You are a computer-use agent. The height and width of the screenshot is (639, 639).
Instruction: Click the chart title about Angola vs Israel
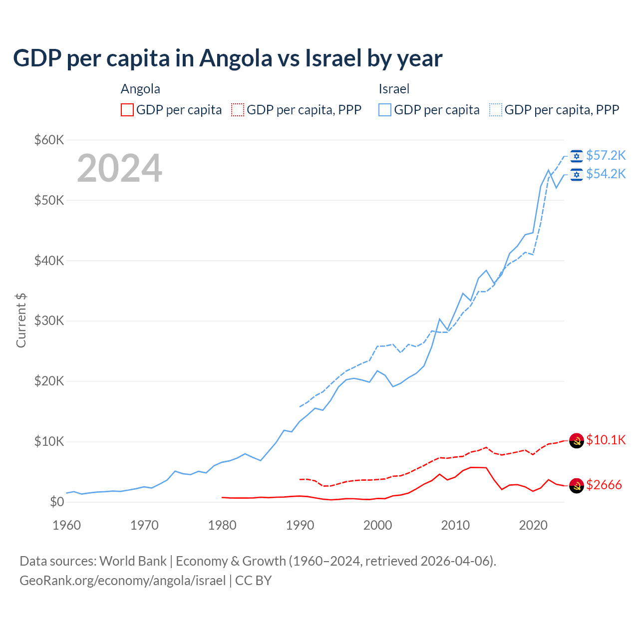coord(228,58)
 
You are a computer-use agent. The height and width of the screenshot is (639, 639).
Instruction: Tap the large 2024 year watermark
coord(120,168)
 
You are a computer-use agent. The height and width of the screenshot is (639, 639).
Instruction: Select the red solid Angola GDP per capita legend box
coord(127,110)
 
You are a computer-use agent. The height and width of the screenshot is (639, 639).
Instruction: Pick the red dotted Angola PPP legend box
coord(238,110)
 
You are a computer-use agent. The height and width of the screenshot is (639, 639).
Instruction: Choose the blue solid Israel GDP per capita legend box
coord(385,110)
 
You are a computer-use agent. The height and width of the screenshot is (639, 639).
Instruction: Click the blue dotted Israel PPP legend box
coord(496,110)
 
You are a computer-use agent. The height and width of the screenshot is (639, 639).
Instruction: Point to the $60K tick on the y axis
coord(49,140)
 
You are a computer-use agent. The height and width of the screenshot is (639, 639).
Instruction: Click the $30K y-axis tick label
coord(49,321)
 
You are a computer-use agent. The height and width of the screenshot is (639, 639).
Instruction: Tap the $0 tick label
coord(57,502)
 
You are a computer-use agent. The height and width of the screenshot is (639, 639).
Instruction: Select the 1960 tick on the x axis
coord(66,525)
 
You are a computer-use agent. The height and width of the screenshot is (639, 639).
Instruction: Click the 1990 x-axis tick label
coord(300,525)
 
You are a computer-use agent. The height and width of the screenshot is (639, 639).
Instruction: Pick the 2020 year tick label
coord(533,525)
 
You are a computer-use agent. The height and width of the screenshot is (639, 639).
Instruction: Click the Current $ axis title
coord(21,320)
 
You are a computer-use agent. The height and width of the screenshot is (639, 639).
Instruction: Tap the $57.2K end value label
coord(606,156)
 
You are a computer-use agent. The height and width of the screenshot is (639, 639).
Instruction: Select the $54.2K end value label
coord(606,174)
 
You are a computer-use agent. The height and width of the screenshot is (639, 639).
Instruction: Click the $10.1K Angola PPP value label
coord(606,440)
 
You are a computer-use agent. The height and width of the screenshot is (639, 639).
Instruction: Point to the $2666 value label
coord(604,485)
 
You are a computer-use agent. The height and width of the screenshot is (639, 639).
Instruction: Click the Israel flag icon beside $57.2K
coord(577,156)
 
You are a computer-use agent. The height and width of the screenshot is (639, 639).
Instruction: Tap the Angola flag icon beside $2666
coord(577,485)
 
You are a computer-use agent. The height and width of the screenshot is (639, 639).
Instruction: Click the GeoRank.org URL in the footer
coord(122,581)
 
